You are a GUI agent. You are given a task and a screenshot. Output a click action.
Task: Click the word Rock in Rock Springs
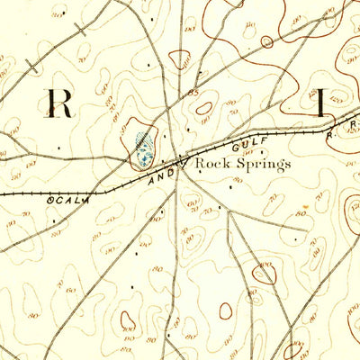click(213, 165)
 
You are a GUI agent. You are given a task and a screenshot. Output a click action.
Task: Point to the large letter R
click(60, 103)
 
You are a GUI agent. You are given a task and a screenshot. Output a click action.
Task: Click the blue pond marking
click(141, 148)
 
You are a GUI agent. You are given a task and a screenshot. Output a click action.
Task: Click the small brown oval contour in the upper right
click(266, 41)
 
